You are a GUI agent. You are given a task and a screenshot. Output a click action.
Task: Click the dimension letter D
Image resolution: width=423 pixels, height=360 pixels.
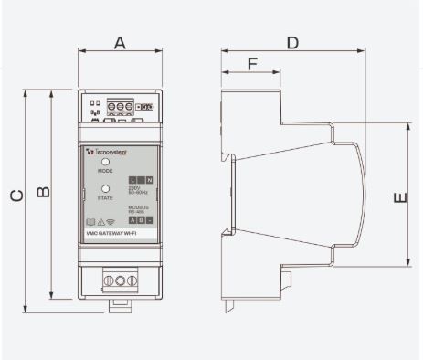(292, 43)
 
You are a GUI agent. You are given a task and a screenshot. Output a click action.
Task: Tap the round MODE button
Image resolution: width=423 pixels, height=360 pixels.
(105, 161)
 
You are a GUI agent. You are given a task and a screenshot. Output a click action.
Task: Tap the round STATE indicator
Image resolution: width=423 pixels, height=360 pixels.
(105, 188)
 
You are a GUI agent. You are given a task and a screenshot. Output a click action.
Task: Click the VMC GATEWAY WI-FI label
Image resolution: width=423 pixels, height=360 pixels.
(118, 234)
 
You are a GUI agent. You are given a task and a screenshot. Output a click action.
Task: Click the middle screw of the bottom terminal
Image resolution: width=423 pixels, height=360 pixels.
(120, 277)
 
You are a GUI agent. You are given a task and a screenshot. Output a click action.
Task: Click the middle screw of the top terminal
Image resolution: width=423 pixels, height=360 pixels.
(120, 107)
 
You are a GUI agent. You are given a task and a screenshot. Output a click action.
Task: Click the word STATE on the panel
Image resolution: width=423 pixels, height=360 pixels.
(105, 198)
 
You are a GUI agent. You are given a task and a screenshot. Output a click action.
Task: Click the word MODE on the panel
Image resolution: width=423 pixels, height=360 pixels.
(105, 171)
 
